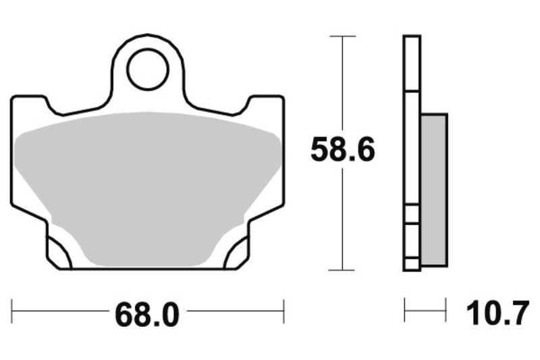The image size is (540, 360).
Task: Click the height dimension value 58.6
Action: tap(342, 150)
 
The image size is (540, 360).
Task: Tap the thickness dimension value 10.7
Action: tap(496, 313)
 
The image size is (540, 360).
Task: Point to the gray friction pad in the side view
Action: tap(433, 189)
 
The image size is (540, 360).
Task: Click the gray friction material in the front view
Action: tap(147, 182)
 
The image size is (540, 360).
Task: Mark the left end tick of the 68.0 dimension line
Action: tap(13, 311)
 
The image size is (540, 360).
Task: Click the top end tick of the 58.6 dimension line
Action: tap(343, 36)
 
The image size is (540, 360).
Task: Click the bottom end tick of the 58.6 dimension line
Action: tap(343, 269)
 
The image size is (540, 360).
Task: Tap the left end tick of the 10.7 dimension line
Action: tap(405, 311)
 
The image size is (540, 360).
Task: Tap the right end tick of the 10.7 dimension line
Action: tap(446, 311)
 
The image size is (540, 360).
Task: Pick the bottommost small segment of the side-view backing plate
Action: tap(411, 264)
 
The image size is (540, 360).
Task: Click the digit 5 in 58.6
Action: tap(323, 150)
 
